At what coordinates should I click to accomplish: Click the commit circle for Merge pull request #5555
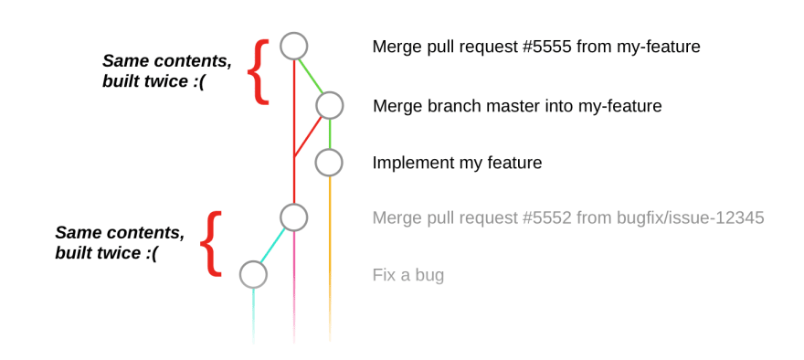pyautogui.click(x=294, y=47)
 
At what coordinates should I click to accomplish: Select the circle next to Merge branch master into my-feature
pyautogui.click(x=329, y=106)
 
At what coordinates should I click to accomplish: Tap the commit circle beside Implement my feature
pyautogui.click(x=329, y=163)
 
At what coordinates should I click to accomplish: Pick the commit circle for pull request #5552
pyautogui.click(x=294, y=217)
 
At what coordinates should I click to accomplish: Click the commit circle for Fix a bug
pyautogui.click(x=253, y=274)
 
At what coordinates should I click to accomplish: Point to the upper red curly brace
pyautogui.click(x=259, y=72)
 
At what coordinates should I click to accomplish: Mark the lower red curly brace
pyautogui.click(x=211, y=244)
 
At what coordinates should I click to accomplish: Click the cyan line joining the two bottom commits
pyautogui.click(x=272, y=247)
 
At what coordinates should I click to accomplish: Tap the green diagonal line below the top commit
pyautogui.click(x=311, y=77)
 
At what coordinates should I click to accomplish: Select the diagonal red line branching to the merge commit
pyautogui.click(x=308, y=137)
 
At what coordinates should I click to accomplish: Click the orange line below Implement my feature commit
pyautogui.click(x=329, y=259)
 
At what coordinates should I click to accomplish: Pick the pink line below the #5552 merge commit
pyautogui.click(x=294, y=287)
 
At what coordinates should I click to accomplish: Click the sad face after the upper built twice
pyautogui.click(x=199, y=81)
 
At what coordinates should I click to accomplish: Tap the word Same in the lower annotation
pyautogui.click(x=77, y=233)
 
